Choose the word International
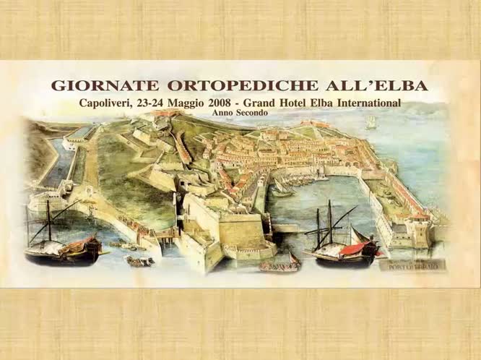[373, 103]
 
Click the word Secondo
[253, 113]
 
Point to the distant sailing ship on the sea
[371, 123]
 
